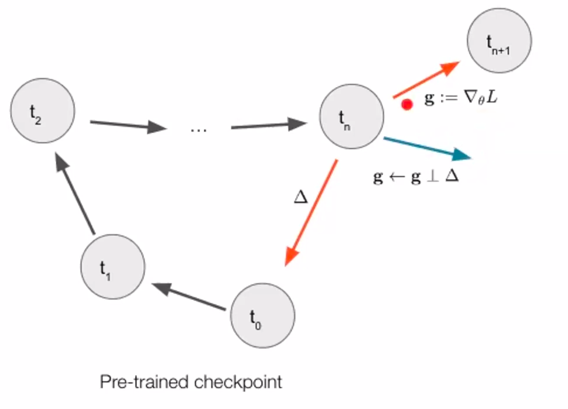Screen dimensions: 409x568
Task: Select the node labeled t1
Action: pos(113,269)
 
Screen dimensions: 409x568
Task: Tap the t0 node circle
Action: pos(263,317)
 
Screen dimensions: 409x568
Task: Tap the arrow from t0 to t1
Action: pos(189,297)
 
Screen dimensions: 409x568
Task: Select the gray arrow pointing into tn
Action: pos(269,125)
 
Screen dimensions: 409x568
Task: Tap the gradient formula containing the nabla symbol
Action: pos(461,98)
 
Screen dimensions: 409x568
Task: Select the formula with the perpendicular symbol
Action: pos(416,176)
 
